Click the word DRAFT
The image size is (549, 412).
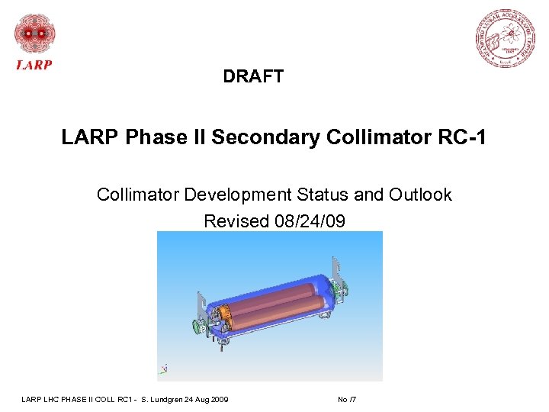coord(253,76)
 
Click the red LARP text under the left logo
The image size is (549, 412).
coord(34,65)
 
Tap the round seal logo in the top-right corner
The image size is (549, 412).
coord(506,39)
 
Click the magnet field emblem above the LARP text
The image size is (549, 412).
coord(35,34)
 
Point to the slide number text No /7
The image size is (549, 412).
coord(347,400)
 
